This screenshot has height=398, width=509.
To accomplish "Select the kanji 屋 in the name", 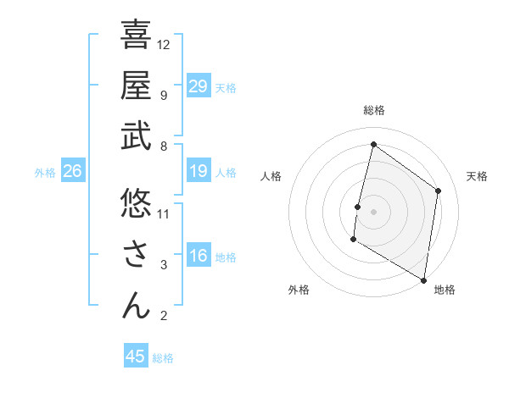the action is click(136, 86).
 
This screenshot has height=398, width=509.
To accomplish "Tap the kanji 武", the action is click(136, 136).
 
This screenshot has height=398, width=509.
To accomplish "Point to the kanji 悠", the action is click(136, 203).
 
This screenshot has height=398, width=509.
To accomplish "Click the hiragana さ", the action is click(136, 254).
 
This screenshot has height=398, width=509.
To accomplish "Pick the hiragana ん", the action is click(136, 305).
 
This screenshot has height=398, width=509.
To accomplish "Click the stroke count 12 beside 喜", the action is click(164, 44).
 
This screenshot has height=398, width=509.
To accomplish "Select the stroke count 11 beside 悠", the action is click(164, 213).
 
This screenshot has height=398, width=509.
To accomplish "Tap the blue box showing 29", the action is click(198, 86).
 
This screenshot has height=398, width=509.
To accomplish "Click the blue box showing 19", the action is click(198, 171).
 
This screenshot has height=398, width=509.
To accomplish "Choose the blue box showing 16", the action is click(198, 256).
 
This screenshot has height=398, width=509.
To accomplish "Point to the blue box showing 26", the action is click(72, 171).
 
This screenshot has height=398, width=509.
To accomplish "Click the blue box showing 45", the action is click(136, 357).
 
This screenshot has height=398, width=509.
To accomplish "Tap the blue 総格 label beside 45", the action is click(163, 358).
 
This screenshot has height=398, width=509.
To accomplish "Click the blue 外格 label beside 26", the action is click(45, 173).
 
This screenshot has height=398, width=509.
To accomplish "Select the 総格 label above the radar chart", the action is click(373, 111).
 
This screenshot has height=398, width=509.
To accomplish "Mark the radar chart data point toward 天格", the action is click(439, 191).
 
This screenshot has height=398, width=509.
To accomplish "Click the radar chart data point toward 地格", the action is click(423, 279).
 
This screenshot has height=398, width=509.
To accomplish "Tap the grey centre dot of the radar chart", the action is click(373, 212).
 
